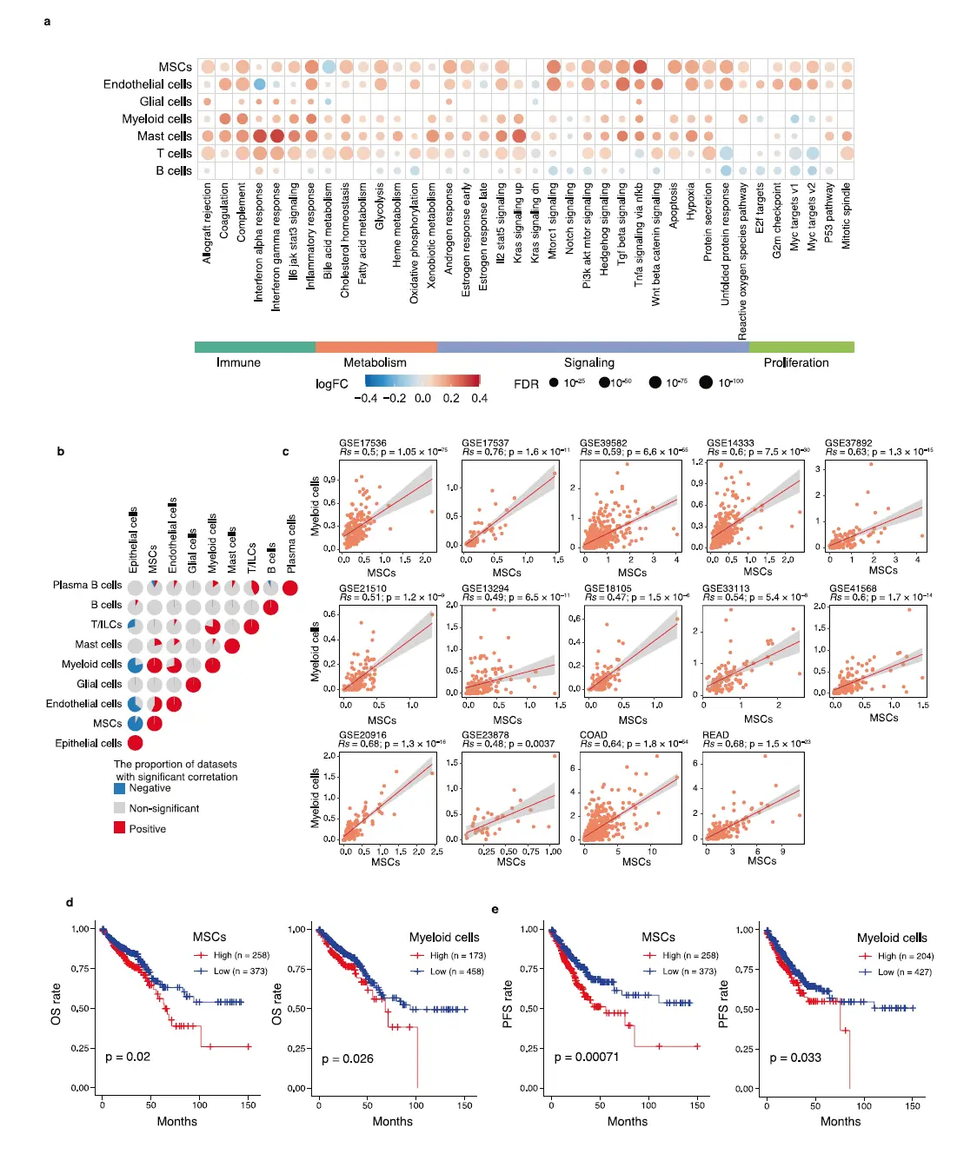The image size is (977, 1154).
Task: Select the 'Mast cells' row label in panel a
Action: tap(164, 136)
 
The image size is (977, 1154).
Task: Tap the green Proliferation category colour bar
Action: tap(801, 347)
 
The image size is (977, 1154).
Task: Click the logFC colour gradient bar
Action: tap(422, 381)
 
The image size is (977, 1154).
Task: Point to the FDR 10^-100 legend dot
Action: tap(706, 382)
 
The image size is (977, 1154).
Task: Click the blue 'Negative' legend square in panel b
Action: tap(120, 788)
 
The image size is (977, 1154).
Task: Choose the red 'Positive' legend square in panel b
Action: tap(120, 828)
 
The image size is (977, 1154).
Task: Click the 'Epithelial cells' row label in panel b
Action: tap(88, 743)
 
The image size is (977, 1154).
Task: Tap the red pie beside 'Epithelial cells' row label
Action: tap(135, 743)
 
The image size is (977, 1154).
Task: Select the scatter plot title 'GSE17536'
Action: tap(362, 443)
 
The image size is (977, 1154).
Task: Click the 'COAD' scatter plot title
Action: tap(594, 735)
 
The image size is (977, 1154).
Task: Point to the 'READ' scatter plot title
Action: tap(715, 735)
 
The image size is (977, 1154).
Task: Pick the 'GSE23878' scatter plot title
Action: tap(485, 735)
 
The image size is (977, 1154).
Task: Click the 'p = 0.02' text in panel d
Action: tap(128, 1057)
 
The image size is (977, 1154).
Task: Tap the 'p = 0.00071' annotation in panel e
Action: tap(587, 1057)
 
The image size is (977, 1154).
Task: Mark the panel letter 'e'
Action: tap(495, 909)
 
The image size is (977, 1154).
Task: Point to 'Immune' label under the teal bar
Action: tap(238, 362)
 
